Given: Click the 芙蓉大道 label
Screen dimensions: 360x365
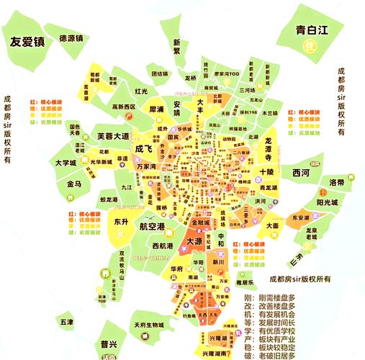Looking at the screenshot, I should (x=113, y=136).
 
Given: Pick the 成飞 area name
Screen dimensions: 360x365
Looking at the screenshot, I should (x=144, y=148).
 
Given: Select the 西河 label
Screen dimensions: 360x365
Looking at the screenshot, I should (x=301, y=174).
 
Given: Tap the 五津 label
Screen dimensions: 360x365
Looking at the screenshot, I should (x=67, y=321).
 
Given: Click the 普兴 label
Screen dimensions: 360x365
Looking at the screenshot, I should (x=109, y=343).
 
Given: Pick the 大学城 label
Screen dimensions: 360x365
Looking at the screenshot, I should (x=66, y=163).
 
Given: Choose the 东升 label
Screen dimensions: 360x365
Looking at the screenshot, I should (x=120, y=222).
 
